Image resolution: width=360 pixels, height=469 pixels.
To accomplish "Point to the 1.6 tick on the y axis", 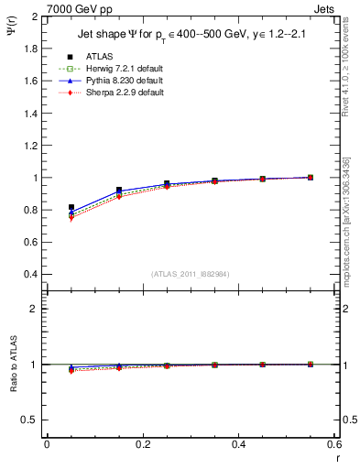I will click(x=31, y=82).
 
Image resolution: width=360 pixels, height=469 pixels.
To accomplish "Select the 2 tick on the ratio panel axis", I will click(x=35, y=309).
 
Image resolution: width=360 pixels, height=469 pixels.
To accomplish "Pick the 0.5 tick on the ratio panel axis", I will click(x=31, y=420).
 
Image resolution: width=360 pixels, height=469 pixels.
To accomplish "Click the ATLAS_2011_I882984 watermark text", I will click(x=191, y=272).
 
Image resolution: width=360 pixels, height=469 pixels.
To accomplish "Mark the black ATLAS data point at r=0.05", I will click(x=71, y=208).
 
